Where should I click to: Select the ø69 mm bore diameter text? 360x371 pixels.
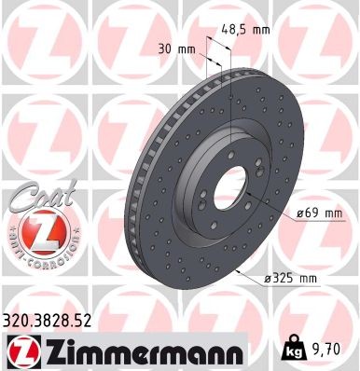pyautogui.click(x=321, y=213)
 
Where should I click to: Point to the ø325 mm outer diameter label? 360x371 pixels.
pyautogui.click(x=298, y=279)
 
